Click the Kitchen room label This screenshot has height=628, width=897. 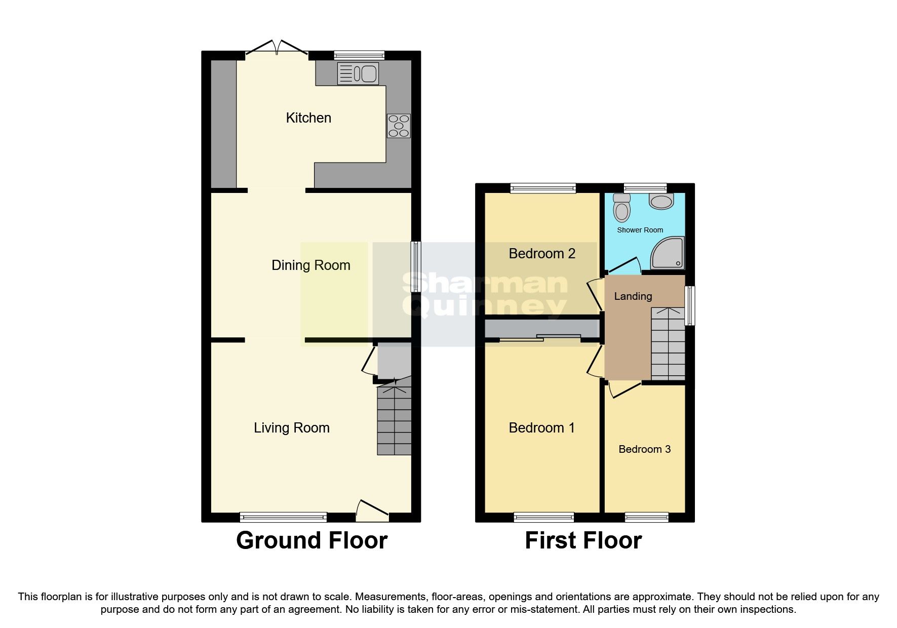click(x=308, y=118)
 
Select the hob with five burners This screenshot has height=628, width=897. click(x=399, y=126)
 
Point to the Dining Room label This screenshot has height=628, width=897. click(x=311, y=265)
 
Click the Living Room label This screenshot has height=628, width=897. click(x=292, y=428)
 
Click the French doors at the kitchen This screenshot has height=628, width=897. click(x=277, y=48)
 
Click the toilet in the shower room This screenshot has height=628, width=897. click(x=621, y=208)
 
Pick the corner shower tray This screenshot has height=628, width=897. click(x=668, y=252)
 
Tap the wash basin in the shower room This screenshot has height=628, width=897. click(x=661, y=201)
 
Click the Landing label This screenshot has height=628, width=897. click(x=633, y=296)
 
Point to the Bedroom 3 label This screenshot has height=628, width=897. click(x=645, y=449)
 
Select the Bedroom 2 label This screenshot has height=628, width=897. click(x=542, y=254)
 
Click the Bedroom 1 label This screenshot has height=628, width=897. click(x=542, y=428)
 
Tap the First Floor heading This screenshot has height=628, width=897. click(x=583, y=540)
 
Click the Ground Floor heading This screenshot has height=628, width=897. click(x=312, y=540)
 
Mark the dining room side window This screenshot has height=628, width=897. click(x=416, y=266)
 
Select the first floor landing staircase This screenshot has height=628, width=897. click(x=668, y=343)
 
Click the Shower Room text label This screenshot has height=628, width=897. click(x=640, y=230)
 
